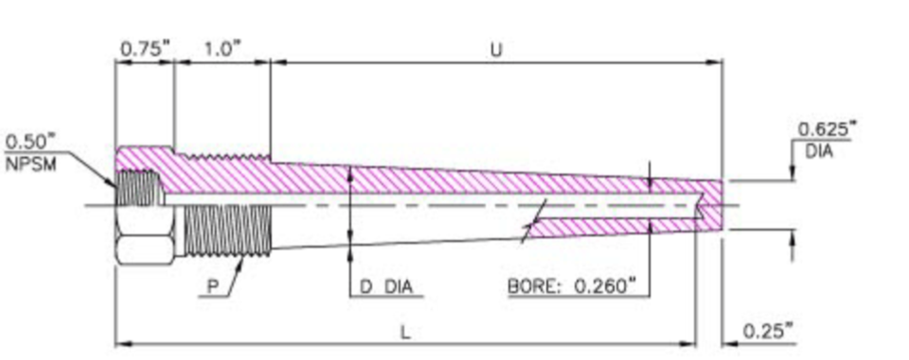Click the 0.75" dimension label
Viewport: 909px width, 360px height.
[x=146, y=50]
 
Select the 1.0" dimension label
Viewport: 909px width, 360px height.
[x=222, y=50]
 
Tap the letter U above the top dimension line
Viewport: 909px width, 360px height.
[x=496, y=50]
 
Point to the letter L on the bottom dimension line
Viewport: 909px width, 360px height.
[x=405, y=333]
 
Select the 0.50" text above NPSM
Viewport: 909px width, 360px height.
[x=30, y=142]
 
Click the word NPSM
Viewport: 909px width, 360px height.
[x=31, y=164]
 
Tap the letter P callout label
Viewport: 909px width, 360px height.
[x=213, y=287]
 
